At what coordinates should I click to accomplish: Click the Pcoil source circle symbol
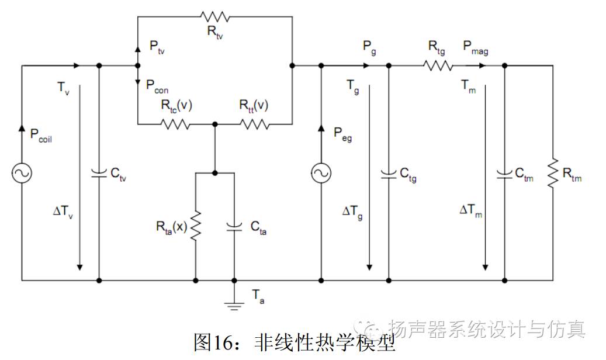[x=22, y=173]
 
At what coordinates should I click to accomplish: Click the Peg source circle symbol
[x=321, y=173]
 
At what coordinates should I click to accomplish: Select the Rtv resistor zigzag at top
[x=214, y=16]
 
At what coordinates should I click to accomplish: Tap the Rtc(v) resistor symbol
[x=176, y=124]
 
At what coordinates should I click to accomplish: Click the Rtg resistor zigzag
[x=438, y=65]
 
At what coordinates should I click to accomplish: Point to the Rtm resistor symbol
[x=552, y=173]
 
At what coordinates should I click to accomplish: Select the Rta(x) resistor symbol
[x=195, y=226]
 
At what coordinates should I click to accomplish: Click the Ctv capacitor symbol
[x=99, y=173]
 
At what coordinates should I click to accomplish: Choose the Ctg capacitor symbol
[x=389, y=173]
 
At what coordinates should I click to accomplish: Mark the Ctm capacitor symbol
[x=504, y=173]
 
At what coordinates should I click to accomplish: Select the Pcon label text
[x=158, y=86]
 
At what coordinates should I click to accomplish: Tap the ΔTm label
[x=471, y=210]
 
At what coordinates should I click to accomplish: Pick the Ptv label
[x=157, y=47]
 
